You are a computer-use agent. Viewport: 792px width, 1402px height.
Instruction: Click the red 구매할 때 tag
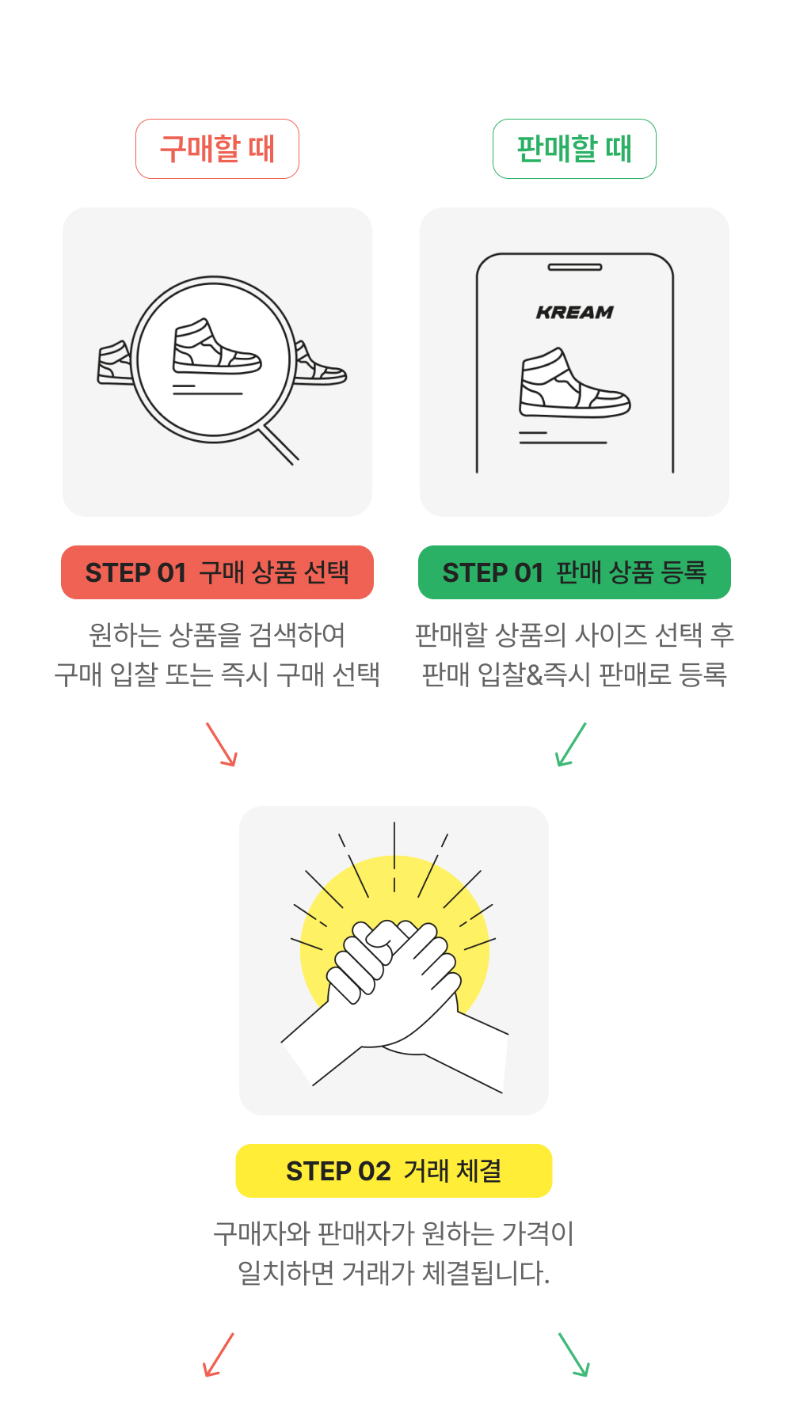[217, 149]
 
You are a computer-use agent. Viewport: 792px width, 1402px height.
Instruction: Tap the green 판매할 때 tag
[574, 149]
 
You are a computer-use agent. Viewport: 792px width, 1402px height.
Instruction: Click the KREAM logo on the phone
[575, 313]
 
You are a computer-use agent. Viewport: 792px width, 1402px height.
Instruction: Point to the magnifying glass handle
[280, 445]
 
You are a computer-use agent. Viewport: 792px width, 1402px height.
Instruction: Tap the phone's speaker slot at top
[575, 268]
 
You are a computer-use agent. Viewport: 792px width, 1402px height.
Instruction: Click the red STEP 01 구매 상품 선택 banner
[217, 572]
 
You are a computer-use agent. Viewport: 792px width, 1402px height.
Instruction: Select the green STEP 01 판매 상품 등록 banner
[574, 572]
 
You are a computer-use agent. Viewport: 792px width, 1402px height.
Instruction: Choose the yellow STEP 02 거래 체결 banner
[394, 1171]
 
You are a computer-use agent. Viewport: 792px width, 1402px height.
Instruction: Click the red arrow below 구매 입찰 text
[222, 744]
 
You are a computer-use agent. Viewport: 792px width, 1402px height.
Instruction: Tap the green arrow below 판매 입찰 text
[570, 744]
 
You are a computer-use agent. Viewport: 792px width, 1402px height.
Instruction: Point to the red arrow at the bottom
[218, 1355]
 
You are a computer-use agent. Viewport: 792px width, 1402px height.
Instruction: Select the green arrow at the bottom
[574, 1355]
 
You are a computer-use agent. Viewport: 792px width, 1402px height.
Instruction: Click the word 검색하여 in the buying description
[297, 635]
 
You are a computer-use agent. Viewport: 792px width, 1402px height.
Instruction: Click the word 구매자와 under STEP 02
[261, 1233]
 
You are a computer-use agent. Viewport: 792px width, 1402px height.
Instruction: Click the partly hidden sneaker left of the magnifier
[114, 363]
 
